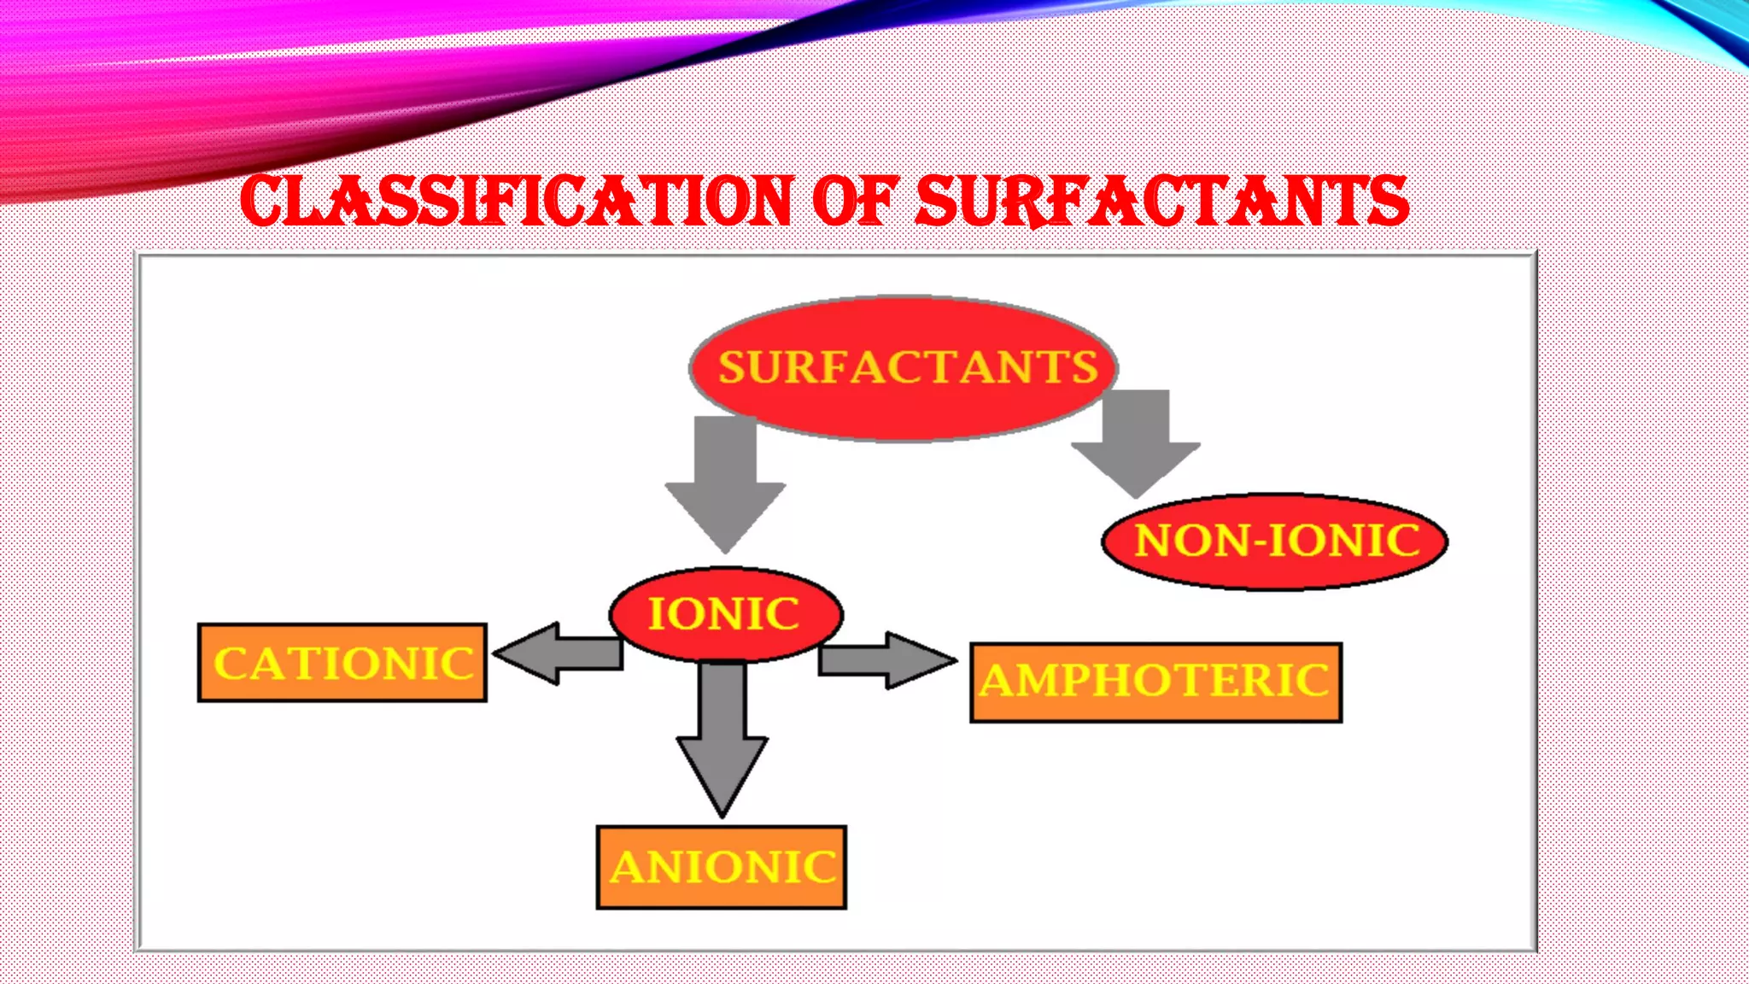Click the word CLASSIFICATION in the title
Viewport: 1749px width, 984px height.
coord(517,202)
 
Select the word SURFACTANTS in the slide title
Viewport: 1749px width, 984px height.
coord(1161,202)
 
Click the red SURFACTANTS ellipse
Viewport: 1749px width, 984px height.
coord(904,368)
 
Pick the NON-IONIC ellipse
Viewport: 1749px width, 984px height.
coord(1275,541)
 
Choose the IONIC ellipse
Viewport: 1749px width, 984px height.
coord(726,614)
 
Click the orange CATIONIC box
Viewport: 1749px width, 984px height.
coord(342,663)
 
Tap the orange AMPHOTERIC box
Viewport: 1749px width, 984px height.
coord(1156,682)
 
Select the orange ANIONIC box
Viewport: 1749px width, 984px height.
coord(722,867)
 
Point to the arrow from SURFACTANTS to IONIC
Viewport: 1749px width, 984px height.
coord(726,478)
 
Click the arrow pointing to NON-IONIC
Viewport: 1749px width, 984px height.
coord(1137,440)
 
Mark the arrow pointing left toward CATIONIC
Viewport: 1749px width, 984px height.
coord(559,653)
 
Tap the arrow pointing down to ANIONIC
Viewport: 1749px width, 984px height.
coord(722,735)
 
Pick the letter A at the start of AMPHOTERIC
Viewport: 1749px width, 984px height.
coord(997,682)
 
